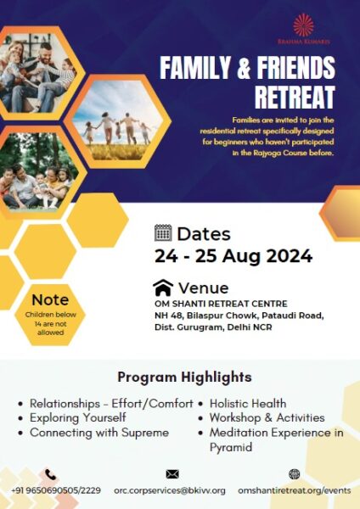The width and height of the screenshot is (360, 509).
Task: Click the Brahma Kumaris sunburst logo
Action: (x=303, y=25)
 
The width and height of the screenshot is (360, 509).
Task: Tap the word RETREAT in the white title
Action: (x=295, y=97)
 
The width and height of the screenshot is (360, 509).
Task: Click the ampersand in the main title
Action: (x=243, y=68)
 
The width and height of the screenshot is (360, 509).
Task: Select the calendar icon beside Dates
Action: (x=163, y=232)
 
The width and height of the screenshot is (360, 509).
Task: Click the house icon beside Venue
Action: (x=163, y=288)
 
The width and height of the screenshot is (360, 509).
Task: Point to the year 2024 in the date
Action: (x=290, y=256)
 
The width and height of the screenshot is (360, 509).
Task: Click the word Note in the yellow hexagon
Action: (x=50, y=300)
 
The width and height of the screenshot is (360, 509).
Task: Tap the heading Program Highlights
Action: (x=184, y=378)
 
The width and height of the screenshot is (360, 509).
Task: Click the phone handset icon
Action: (x=51, y=474)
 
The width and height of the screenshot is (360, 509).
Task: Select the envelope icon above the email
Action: (x=172, y=474)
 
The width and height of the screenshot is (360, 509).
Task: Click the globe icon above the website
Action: (x=294, y=474)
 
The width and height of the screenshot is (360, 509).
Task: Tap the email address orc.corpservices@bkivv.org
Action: (x=170, y=490)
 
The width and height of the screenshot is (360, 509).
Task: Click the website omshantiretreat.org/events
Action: (x=295, y=490)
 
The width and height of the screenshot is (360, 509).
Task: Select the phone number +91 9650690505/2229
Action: (x=56, y=490)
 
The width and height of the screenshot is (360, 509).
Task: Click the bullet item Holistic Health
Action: (x=248, y=404)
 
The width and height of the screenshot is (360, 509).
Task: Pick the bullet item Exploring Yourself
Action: (x=77, y=417)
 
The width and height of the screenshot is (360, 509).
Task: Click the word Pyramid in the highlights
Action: (x=231, y=447)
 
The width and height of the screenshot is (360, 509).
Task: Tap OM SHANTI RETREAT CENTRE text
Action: (x=221, y=304)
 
